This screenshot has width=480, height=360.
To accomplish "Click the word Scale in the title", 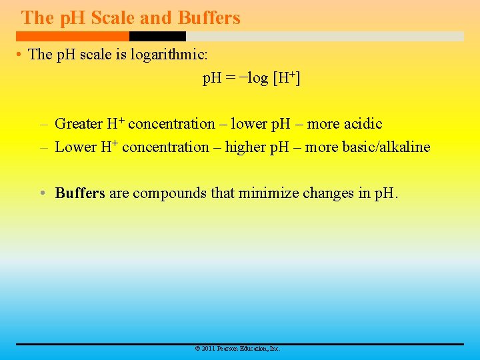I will [112, 18].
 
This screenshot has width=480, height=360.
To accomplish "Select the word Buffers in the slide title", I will [209, 18].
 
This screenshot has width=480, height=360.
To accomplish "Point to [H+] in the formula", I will [287, 79].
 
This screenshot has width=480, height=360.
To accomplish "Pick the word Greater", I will [79, 124].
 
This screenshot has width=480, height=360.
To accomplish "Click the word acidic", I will [363, 124].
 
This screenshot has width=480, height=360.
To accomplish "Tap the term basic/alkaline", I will [386, 147].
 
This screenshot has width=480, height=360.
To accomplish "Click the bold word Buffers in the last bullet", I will [80, 193].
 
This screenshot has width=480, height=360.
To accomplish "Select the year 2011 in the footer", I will [207, 349].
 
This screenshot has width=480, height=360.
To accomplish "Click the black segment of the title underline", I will [157, 37].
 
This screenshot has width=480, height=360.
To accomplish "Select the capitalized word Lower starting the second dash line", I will [75, 147].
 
